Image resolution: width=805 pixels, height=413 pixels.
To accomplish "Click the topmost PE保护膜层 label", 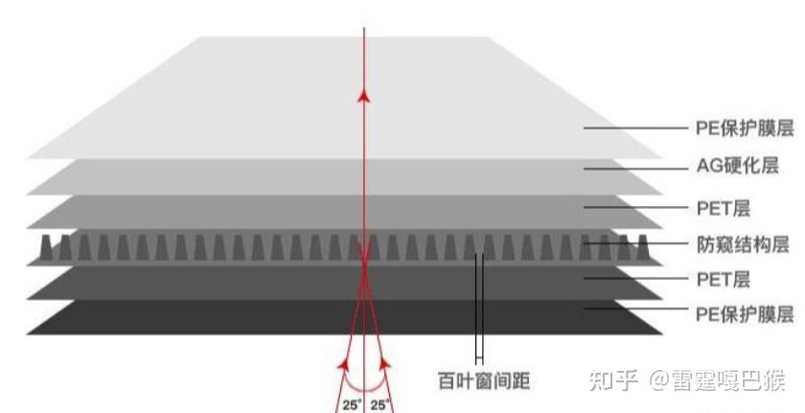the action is [x=745, y=127].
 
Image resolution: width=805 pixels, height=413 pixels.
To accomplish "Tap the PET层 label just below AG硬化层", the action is [x=723, y=206].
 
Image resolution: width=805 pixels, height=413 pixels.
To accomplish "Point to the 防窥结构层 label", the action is [x=745, y=243].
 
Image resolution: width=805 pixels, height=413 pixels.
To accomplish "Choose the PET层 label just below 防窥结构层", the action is [x=723, y=279].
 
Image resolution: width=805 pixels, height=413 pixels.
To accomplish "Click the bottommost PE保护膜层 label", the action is [x=745, y=314].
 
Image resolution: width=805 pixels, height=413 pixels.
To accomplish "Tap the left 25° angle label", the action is [x=352, y=404].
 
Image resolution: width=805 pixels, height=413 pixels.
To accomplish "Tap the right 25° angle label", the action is [x=380, y=404].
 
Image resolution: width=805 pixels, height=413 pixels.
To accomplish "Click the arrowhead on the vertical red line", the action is [x=364, y=95].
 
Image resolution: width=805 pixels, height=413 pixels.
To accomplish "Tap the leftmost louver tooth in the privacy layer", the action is [x=45, y=247].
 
